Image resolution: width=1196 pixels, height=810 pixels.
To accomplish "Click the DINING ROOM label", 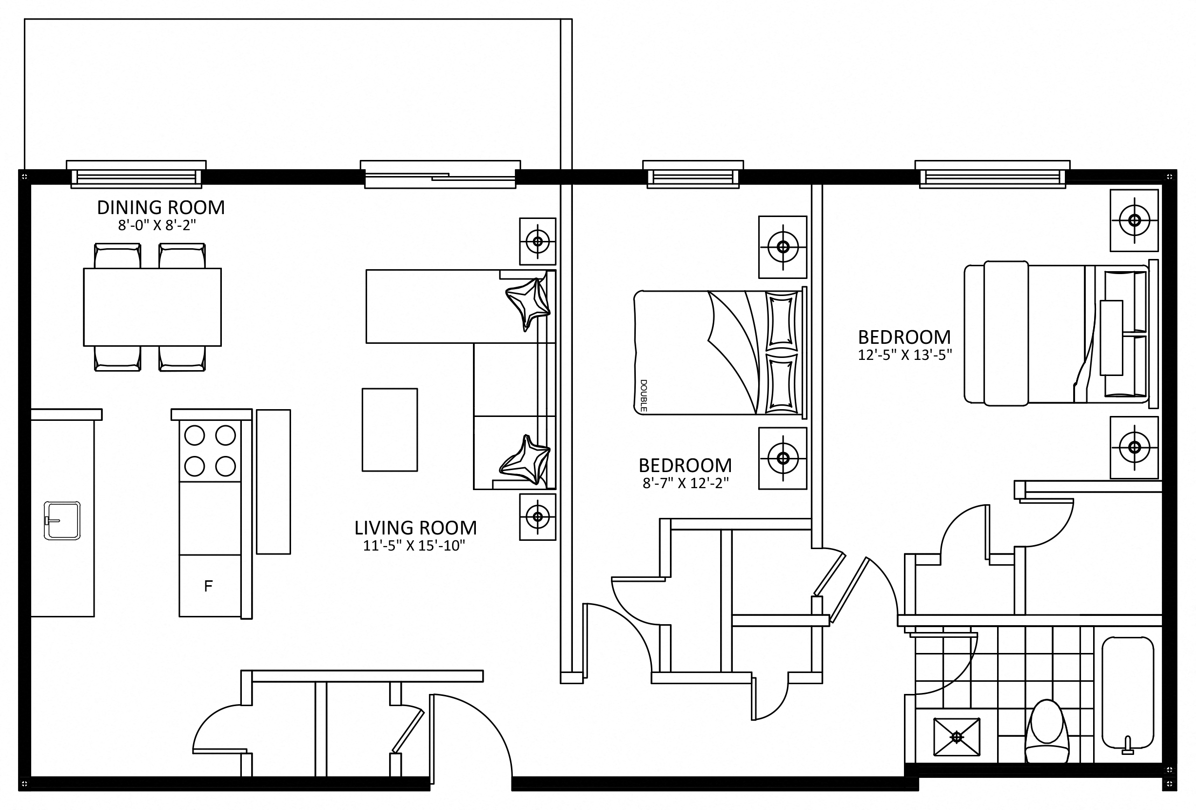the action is [160, 207].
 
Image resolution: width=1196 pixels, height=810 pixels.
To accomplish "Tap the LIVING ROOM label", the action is [415, 528].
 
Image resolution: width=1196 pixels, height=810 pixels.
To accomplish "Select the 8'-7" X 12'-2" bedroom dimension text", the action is [686, 483].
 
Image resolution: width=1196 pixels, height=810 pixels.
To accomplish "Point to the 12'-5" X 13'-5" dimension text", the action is [905, 355].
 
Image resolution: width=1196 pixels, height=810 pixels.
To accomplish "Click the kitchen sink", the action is [62, 521].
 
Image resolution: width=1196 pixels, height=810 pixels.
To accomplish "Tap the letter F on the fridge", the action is [208, 586].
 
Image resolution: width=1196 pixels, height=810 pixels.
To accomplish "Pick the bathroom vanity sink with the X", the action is [957, 737].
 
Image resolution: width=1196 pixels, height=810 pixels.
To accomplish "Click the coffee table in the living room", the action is [390, 430].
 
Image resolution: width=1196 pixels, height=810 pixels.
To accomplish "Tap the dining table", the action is [152, 307].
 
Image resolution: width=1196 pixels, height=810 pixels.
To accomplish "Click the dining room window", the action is [137, 175].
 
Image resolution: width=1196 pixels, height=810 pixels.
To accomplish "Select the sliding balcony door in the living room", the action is [440, 175].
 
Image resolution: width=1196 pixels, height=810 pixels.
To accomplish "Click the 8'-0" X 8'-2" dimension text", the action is [157, 225].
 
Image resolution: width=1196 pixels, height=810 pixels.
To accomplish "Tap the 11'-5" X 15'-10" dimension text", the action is [414, 546].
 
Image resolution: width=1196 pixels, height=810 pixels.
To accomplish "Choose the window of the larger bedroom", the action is [992, 175].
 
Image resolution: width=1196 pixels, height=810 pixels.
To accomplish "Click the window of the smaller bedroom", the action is [693, 175].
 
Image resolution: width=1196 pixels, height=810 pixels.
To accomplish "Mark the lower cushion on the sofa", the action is [525, 460].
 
